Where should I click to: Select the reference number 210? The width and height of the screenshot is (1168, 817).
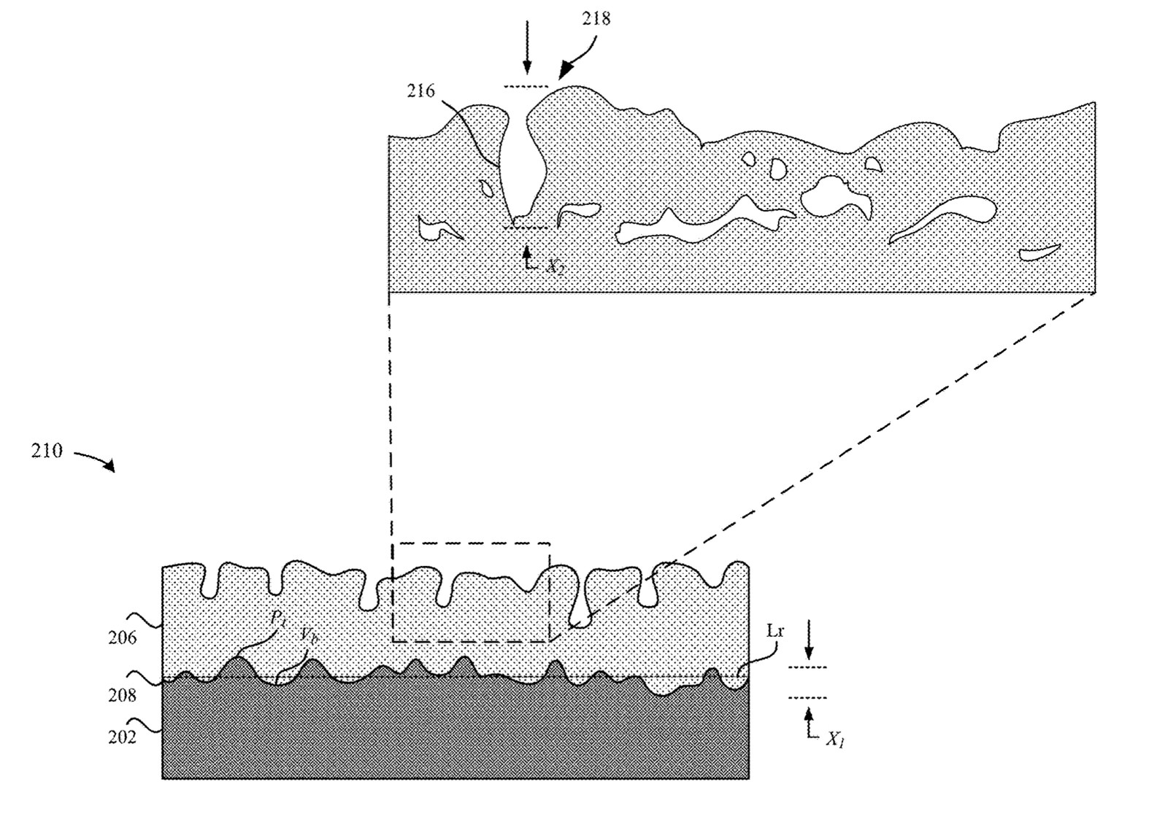tap(47, 452)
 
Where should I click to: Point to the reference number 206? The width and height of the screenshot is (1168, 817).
tap(122, 638)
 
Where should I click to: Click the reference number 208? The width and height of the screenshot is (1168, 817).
tap(122, 695)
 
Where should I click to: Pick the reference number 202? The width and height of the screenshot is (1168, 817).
tap(122, 737)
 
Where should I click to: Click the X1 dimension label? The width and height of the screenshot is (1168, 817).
tap(835, 740)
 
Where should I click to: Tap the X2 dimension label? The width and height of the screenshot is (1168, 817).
tap(555, 266)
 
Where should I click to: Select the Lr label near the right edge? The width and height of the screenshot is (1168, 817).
tap(775, 632)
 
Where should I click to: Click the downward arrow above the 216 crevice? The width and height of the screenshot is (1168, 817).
tap(527, 57)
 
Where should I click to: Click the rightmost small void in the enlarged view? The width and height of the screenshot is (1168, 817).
tap(1040, 253)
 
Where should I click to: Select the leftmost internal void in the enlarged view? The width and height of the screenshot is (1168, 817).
tap(438, 228)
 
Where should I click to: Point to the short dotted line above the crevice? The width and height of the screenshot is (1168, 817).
tap(526, 87)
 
